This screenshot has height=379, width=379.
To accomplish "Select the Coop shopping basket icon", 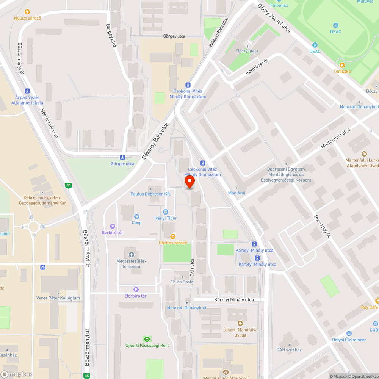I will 136,216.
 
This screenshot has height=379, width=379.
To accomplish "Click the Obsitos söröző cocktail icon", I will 173,236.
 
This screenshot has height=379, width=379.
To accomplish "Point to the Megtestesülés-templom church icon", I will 132,254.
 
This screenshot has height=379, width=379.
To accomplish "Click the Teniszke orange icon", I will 342,65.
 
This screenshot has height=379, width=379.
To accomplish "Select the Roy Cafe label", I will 370,307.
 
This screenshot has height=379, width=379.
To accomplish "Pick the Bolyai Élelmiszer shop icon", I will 349,334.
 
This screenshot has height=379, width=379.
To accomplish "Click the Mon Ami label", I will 236,193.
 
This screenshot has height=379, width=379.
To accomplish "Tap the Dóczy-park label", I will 247,51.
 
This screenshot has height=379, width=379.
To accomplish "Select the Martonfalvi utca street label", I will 335,138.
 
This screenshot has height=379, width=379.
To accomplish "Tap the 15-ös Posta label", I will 182,282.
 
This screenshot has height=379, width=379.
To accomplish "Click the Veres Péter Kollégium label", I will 58,298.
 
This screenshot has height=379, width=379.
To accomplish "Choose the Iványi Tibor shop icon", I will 166,212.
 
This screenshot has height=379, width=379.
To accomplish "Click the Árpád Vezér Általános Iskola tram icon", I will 27,91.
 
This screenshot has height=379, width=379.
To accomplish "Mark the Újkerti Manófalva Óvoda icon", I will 240,323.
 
